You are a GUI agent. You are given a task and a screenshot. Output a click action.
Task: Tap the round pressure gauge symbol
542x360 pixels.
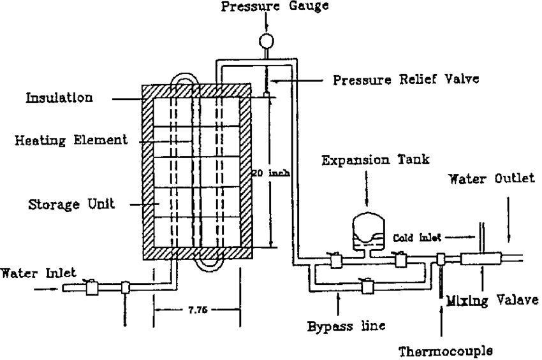pos(264,41)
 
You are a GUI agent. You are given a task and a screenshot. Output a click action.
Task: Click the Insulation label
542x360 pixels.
pos(59,98)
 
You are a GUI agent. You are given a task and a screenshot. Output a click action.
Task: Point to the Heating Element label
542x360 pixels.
pos(71,140)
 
